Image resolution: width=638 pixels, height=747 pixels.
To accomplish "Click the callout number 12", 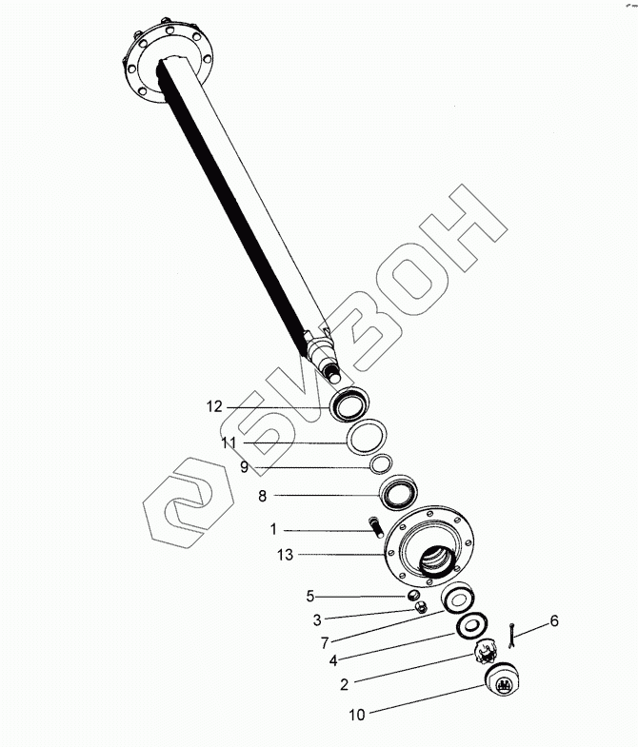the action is pos(213,406).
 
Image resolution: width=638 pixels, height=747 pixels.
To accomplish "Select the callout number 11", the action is pos(228,443).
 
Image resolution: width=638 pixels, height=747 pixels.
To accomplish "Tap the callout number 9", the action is pos(244,466).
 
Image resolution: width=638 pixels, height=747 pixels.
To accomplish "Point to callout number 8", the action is pos(262,495).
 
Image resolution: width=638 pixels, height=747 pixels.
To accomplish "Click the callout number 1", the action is pos(272,529).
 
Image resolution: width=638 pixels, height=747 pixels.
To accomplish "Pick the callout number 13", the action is pos(284,554).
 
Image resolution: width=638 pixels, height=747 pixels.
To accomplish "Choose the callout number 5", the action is pos(309,597).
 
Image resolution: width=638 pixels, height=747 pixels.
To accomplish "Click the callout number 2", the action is pos(345,681).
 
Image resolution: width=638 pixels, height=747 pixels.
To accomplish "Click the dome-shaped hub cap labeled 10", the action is pos(501,680).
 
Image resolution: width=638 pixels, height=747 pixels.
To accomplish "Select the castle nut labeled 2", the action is pos(488,652).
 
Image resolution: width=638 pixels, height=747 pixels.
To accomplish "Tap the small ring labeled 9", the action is pos(381,463).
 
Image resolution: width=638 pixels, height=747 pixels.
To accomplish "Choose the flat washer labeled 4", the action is pos(471,625).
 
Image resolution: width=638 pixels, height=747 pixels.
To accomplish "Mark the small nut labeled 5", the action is pos(413,597).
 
